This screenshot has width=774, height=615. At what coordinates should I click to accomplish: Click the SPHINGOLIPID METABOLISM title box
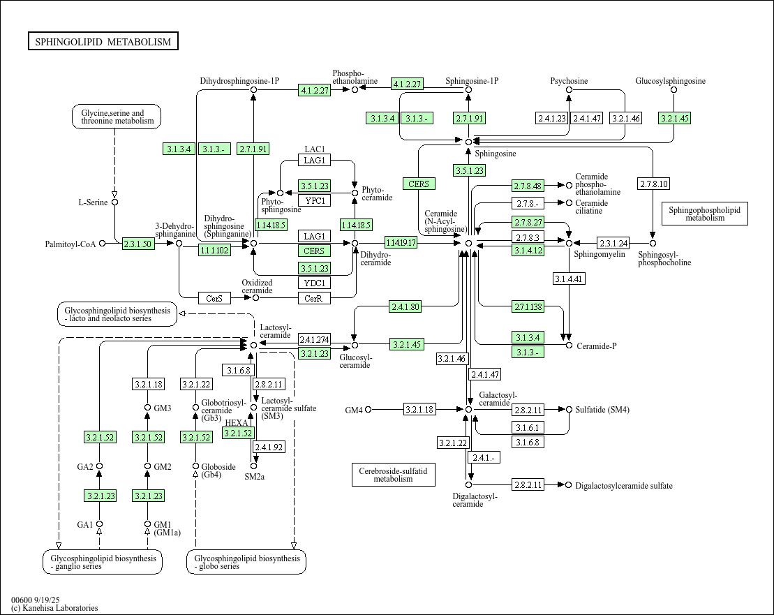click(103, 42)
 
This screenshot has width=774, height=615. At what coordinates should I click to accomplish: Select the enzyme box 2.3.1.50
click(137, 244)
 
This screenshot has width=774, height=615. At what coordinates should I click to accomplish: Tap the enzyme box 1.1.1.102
click(214, 250)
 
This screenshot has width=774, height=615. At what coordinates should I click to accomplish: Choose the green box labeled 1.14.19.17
click(401, 243)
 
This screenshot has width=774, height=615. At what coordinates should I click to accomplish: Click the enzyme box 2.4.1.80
click(405, 306)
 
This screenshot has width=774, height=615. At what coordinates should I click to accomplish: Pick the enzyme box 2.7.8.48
click(528, 186)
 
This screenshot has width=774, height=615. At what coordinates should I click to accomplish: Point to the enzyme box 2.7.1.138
click(528, 306)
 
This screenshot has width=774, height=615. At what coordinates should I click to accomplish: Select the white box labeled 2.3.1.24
click(613, 243)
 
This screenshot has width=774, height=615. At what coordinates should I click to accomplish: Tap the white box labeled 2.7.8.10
click(653, 184)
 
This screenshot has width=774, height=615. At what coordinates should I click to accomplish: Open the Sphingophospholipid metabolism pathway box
click(704, 214)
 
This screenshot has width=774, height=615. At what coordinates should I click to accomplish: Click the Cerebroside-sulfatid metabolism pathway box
click(393, 475)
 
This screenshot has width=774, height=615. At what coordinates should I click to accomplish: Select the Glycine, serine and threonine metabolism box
click(117, 117)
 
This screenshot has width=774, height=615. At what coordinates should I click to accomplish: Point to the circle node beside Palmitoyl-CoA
click(103, 244)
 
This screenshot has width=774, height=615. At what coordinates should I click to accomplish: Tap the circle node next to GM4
click(368, 409)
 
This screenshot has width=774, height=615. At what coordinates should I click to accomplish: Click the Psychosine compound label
click(569, 81)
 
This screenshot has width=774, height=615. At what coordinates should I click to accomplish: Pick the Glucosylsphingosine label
click(670, 81)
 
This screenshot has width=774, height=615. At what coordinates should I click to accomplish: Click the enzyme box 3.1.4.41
click(568, 279)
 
